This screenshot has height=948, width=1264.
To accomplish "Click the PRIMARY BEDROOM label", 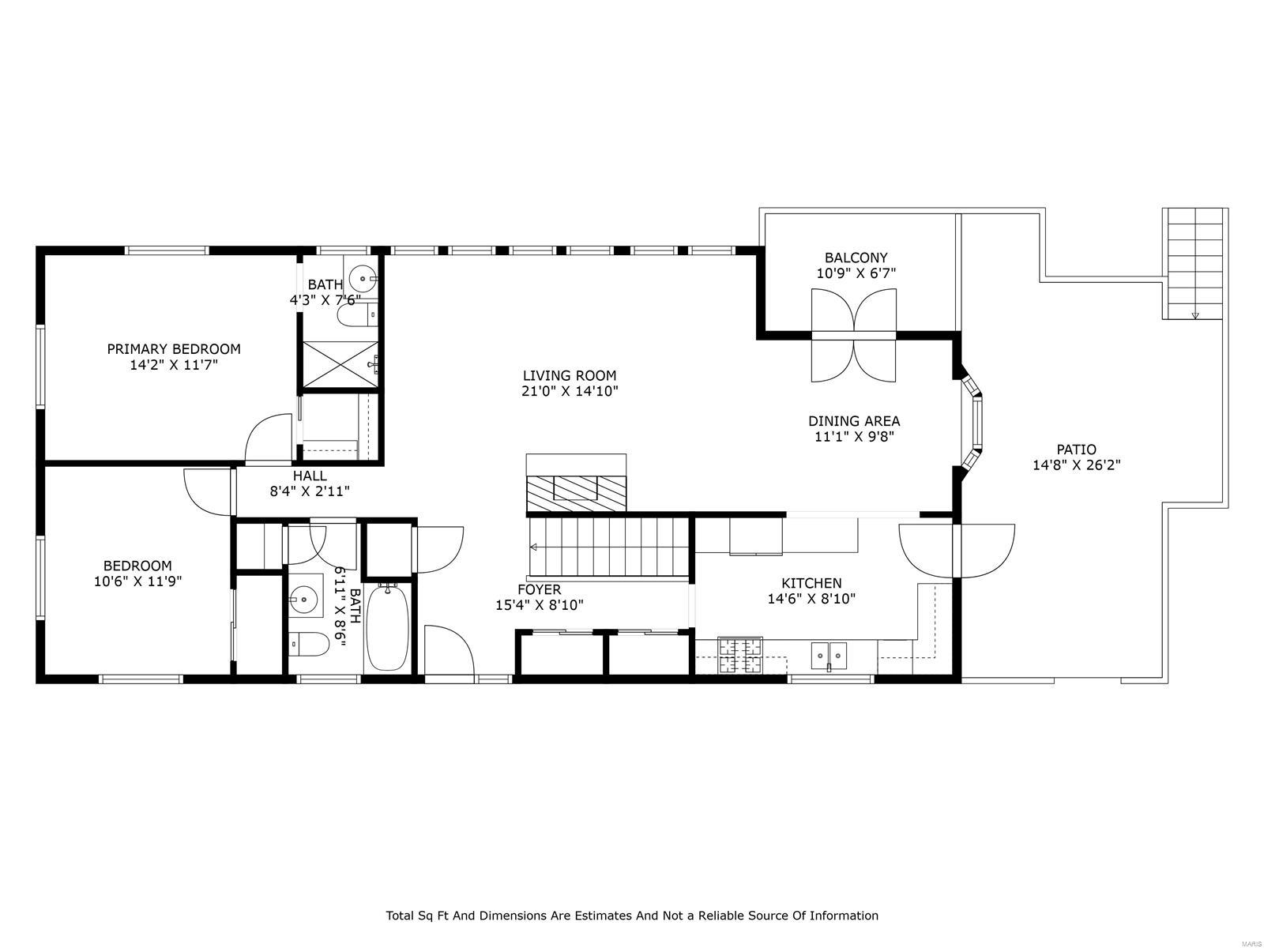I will [x=174, y=348].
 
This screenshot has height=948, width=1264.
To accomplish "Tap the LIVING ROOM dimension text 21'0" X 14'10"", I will [x=569, y=391].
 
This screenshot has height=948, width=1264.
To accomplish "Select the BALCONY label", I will [x=856, y=258].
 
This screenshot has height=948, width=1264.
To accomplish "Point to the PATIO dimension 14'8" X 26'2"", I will [x=1076, y=465].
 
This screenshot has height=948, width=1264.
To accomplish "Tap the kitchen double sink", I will [x=829, y=655].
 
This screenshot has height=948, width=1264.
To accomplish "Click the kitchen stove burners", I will [x=740, y=655].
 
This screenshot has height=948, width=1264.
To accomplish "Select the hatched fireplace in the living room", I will [x=576, y=493].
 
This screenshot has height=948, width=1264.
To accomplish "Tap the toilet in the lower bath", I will [x=310, y=645].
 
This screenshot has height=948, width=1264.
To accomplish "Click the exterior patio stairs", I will [x=1194, y=263].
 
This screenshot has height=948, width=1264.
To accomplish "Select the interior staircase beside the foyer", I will [x=608, y=546].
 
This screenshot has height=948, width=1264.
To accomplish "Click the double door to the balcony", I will [x=853, y=335].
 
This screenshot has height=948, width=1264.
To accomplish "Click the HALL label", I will [x=310, y=476].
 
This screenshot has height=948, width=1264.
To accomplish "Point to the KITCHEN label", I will [x=811, y=583].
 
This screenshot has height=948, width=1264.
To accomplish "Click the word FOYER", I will [x=539, y=589].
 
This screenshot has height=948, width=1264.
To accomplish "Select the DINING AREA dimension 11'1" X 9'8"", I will [x=853, y=436].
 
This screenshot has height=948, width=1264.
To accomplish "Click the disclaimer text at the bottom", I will [x=631, y=916].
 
